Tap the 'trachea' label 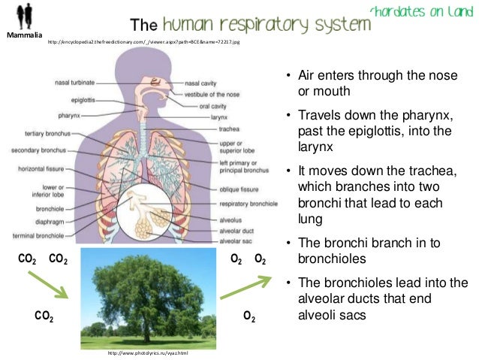click(229, 129)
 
